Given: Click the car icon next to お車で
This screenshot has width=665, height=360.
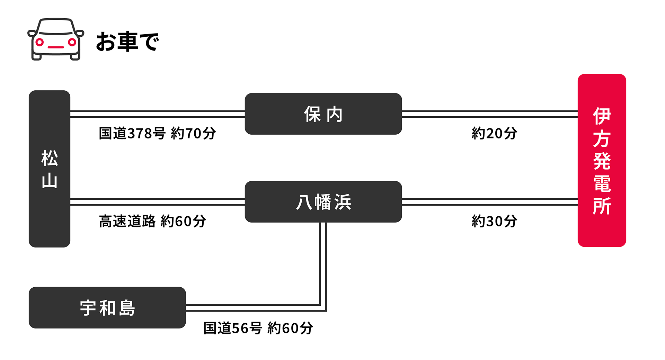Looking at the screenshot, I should [56, 39].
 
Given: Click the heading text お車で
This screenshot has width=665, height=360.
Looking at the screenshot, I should [127, 42].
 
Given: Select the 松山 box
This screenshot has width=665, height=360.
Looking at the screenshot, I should [50, 169].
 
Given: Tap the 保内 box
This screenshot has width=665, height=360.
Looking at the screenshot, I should [323, 114].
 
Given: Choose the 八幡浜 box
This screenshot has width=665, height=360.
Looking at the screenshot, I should [323, 202].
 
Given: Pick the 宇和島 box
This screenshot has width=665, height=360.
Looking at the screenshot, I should [107, 308].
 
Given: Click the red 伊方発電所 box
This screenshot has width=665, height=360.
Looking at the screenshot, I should [602, 160].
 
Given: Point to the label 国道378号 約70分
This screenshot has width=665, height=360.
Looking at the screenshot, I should [157, 133].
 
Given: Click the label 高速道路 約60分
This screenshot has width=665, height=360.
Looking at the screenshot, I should [152, 221].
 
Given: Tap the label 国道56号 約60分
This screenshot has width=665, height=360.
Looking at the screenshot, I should [258, 328].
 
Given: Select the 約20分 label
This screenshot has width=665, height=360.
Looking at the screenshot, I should [494, 133].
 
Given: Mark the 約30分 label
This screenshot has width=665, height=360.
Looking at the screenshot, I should [494, 221].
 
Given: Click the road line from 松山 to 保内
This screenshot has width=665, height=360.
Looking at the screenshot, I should [158, 114].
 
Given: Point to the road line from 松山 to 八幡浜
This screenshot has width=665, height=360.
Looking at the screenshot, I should [158, 202].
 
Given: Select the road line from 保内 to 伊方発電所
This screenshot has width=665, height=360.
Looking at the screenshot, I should [490, 114].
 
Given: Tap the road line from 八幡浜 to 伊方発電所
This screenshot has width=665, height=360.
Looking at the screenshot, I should [490, 202].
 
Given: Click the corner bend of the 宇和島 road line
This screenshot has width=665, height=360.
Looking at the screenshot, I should [323, 308].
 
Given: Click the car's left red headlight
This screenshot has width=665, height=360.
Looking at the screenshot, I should [39, 42].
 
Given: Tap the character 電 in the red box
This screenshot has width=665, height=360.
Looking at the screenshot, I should [602, 183].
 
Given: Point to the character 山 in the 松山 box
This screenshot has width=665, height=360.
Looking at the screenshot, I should [50, 181].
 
